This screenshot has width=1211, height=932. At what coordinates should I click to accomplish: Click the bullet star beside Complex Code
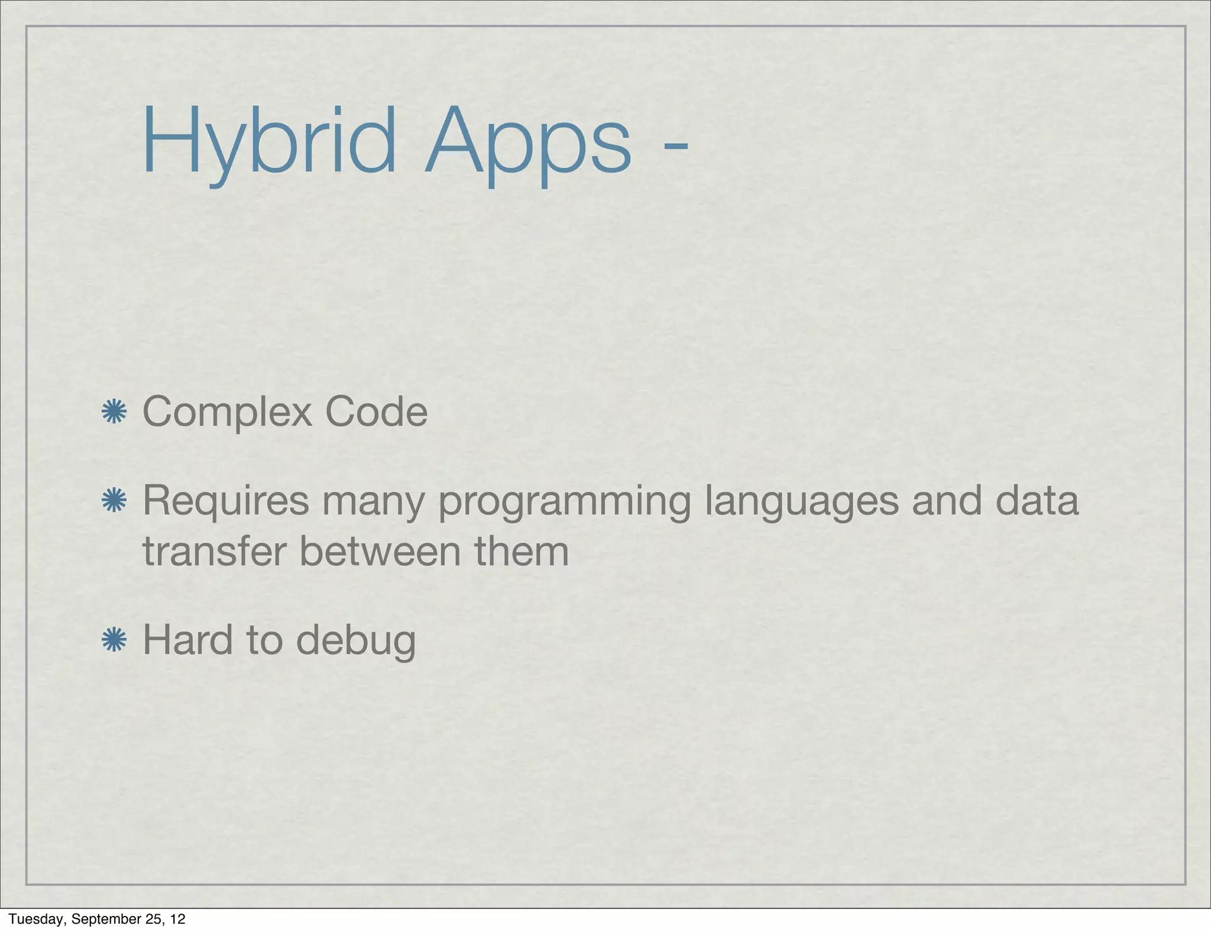[114, 412]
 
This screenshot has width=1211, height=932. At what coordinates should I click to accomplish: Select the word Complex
[227, 413]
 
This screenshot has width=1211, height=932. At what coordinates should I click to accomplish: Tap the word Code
[376, 412]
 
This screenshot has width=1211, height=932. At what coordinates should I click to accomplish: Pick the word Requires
[226, 501]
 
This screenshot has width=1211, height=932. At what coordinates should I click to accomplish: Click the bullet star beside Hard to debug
[114, 640]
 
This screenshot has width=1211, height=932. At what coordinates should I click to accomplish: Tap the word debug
[356, 642]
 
